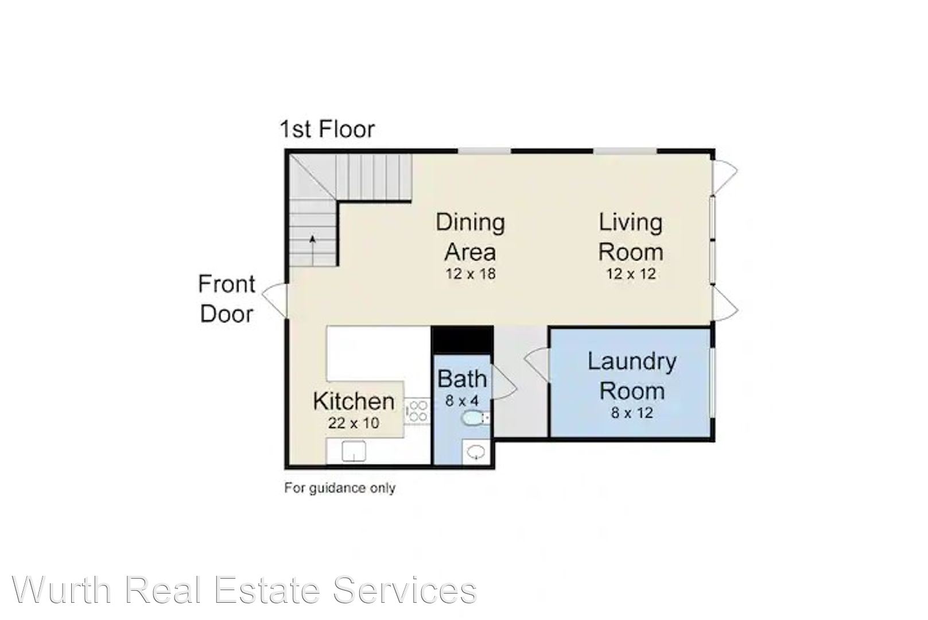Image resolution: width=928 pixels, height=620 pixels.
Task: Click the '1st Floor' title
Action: coord(327,129)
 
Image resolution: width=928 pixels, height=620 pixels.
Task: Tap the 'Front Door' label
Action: coord(227,299)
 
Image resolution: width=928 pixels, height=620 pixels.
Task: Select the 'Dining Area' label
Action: coord(470,237)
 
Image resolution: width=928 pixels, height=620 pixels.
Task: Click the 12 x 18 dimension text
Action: coord(471,274)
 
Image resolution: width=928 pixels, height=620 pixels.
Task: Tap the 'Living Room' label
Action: coord(631,237)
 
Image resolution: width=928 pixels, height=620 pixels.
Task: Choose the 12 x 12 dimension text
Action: coord(631,274)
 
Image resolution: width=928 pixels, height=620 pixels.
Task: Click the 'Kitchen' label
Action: coord(354,401)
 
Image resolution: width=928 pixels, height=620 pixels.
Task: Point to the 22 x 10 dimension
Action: coord(354,423)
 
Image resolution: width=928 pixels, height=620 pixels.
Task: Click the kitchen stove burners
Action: coord(417,410)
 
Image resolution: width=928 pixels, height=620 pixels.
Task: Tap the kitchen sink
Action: coord(354,451)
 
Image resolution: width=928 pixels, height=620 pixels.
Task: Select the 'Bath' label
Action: coord(462,379)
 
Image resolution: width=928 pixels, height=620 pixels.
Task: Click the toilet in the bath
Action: coord(475,418)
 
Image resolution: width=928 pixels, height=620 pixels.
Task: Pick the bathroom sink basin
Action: coord(476,452)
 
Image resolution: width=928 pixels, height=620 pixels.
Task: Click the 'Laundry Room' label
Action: coord(632,376)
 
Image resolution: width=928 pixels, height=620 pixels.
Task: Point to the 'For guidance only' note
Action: coord(340,488)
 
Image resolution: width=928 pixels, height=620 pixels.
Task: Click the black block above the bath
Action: coord(463,339)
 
